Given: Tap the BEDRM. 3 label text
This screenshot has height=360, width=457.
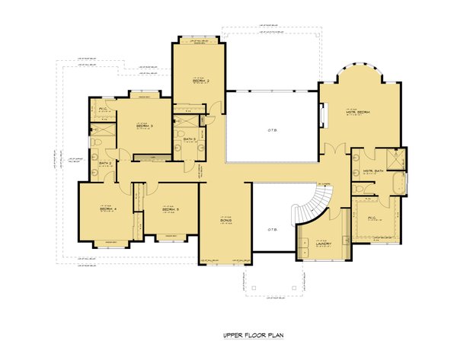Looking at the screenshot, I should point(145,126).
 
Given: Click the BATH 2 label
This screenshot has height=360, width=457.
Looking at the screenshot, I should point(106,163).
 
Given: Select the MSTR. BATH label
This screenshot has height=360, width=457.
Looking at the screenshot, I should point(373,171).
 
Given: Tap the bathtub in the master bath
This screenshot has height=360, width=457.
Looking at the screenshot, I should point(398,185).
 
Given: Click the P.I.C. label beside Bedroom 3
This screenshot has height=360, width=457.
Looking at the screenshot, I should point(103,110).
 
